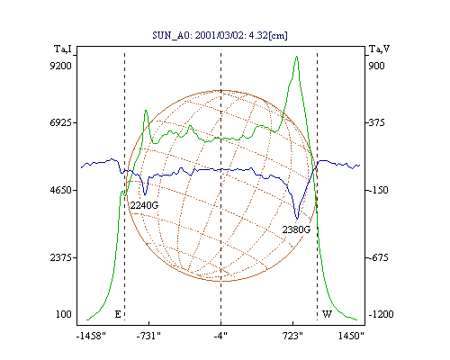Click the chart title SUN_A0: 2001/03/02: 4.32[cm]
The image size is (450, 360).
[220, 35]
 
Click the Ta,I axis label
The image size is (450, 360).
[63, 49]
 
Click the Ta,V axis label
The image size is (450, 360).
[379, 49]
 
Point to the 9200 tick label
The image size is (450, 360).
[60, 66]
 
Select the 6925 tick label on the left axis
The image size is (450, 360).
[60, 122]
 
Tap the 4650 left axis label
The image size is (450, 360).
[60, 190]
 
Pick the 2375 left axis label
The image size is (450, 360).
[60, 257]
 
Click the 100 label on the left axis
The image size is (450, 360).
[64, 314]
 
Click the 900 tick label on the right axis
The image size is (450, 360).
[376, 66]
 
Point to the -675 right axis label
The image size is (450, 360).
[379, 257]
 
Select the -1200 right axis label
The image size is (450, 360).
[381, 314]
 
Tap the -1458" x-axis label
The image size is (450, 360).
[91, 336]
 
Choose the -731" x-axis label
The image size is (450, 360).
[148, 336]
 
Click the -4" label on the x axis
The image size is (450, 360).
[220, 336]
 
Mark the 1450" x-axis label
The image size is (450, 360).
[351, 336]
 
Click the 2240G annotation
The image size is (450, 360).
[144, 205]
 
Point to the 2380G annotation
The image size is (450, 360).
[296, 229]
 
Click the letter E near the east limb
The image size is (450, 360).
[118, 314]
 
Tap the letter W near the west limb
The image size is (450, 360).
[327, 314]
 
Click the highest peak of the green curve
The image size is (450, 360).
[296, 57]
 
